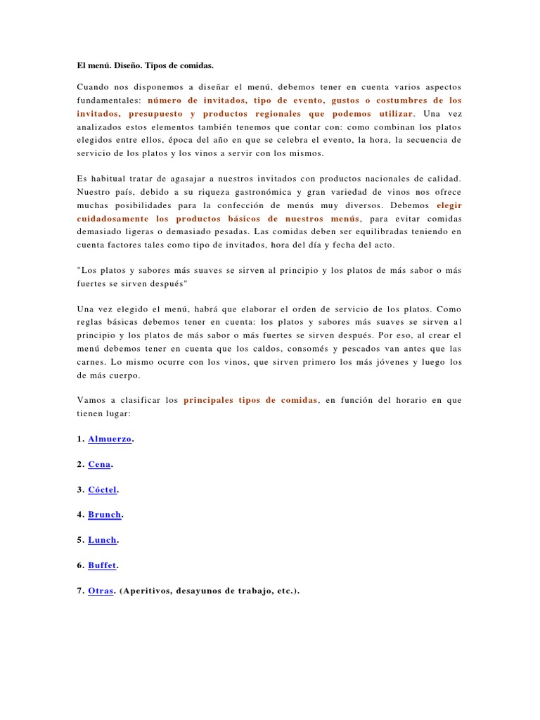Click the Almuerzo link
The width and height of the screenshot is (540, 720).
click(109, 439)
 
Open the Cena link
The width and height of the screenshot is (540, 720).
click(99, 465)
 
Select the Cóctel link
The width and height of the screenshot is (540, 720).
click(102, 490)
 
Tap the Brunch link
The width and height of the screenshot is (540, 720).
click(104, 515)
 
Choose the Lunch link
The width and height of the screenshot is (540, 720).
click(102, 541)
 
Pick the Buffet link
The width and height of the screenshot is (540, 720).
click(102, 566)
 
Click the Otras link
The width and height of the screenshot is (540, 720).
click(101, 591)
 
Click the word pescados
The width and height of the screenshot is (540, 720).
click(372, 348)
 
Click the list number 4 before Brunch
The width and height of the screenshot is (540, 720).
click(79, 515)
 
